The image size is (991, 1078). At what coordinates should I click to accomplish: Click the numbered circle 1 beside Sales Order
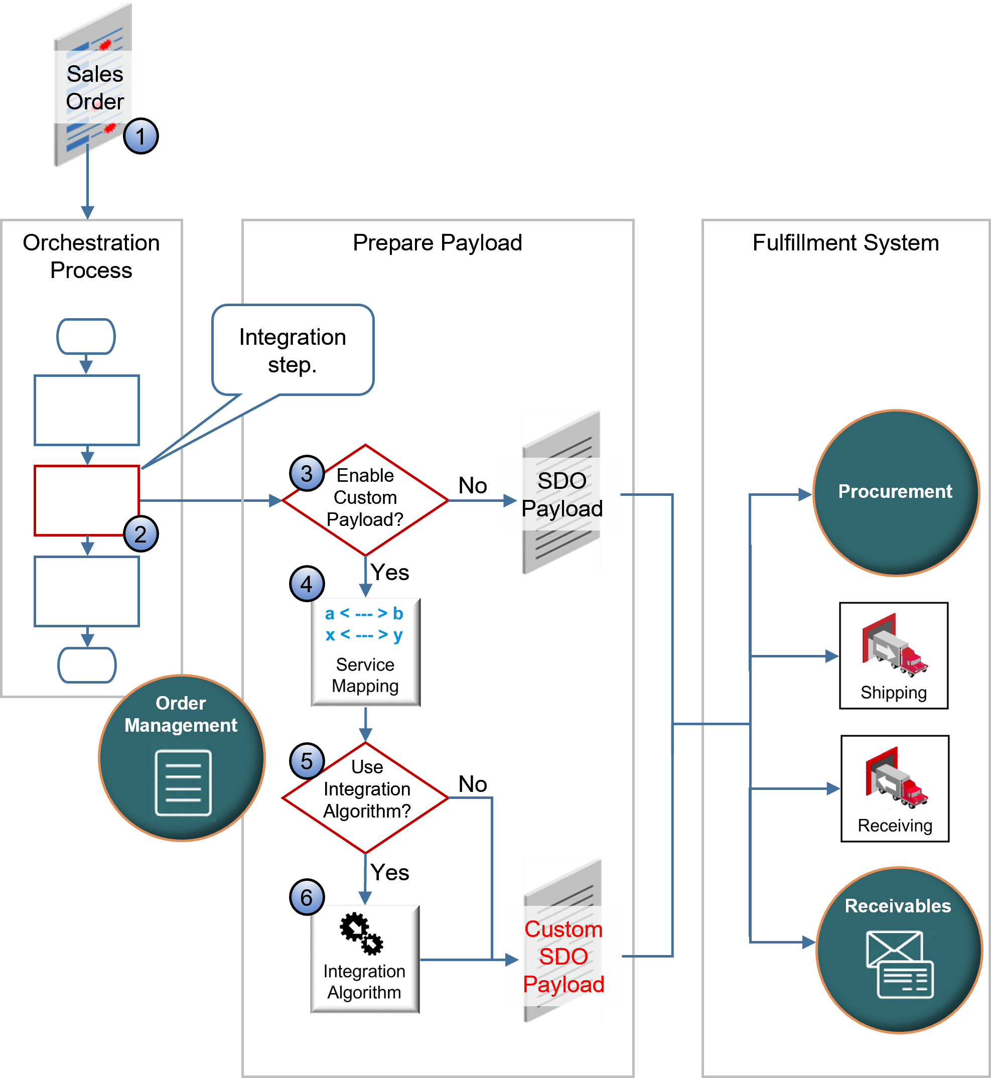click(x=140, y=136)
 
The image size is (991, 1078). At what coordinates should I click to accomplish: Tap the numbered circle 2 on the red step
click(x=140, y=534)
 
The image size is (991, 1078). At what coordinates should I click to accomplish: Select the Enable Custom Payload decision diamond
click(x=365, y=500)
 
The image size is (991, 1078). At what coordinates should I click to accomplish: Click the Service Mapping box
click(x=365, y=652)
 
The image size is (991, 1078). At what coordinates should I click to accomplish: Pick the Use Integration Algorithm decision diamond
click(x=365, y=797)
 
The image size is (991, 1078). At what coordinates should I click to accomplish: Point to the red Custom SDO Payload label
click(x=563, y=956)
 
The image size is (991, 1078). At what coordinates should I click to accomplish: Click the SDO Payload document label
click(x=562, y=494)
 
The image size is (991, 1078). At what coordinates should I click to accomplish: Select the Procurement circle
click(x=896, y=492)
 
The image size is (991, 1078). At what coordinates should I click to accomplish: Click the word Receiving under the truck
click(x=895, y=826)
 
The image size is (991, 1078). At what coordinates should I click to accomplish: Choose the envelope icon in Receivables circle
click(x=899, y=964)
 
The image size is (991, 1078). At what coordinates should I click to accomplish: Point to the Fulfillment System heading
click(x=845, y=243)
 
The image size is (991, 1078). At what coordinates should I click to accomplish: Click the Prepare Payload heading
click(x=437, y=243)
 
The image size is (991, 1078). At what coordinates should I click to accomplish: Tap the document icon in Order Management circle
click(x=183, y=782)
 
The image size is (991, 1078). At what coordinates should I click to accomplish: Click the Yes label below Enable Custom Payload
click(x=389, y=572)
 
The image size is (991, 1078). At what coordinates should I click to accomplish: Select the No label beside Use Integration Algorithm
click(x=473, y=784)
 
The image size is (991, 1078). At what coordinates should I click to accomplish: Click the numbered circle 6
click(x=307, y=897)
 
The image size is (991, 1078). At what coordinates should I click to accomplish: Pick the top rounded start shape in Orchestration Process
click(x=86, y=336)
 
